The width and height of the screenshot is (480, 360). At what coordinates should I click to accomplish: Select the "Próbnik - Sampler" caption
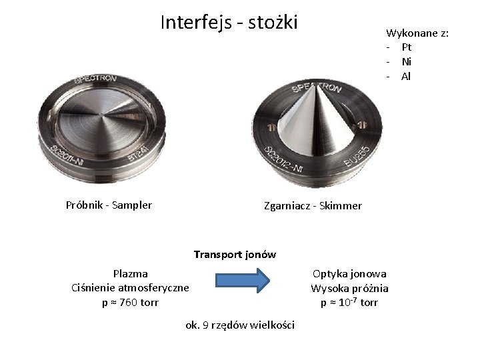(x=109, y=205)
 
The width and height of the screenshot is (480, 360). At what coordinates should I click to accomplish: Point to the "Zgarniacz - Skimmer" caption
(x=313, y=205)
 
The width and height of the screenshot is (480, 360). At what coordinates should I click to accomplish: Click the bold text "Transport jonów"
(x=235, y=254)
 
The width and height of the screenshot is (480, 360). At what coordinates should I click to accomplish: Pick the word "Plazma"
(x=131, y=273)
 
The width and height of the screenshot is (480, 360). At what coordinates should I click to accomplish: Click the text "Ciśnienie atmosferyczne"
(x=130, y=287)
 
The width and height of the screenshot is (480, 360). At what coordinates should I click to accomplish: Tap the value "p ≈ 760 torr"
(x=130, y=302)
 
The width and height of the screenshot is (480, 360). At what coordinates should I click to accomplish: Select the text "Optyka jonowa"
(x=349, y=273)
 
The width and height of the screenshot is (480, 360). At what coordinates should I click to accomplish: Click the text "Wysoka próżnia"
(x=349, y=288)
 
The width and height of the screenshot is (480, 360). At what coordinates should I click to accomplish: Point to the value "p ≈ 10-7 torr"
(x=349, y=302)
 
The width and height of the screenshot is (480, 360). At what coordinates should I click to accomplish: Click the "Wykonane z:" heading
(x=417, y=33)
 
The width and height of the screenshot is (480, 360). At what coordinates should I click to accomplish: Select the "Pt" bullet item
(x=406, y=47)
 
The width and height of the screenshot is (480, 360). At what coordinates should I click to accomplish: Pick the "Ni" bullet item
(x=406, y=61)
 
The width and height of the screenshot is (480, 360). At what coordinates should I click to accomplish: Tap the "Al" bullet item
(x=406, y=76)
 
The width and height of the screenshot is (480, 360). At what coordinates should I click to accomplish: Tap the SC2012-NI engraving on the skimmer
(x=283, y=158)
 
